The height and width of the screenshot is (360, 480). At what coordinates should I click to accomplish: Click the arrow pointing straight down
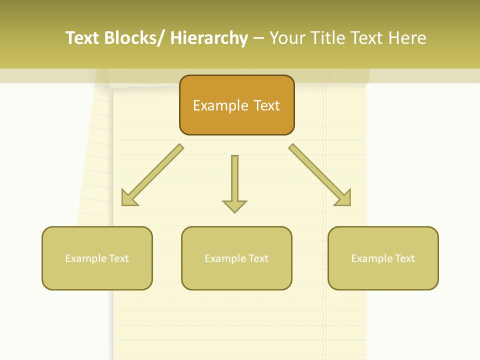tap(234, 183)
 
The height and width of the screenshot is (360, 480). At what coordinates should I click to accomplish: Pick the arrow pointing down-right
tap(320, 175)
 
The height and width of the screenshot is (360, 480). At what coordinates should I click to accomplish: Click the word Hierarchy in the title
tap(209, 38)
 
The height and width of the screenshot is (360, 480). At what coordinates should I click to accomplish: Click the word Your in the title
tap(287, 38)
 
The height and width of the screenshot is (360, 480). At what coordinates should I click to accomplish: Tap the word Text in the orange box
tap(266, 105)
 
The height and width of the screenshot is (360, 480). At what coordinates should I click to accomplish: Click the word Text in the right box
tap(404, 258)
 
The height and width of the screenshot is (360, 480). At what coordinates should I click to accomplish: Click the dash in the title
tap(258, 38)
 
